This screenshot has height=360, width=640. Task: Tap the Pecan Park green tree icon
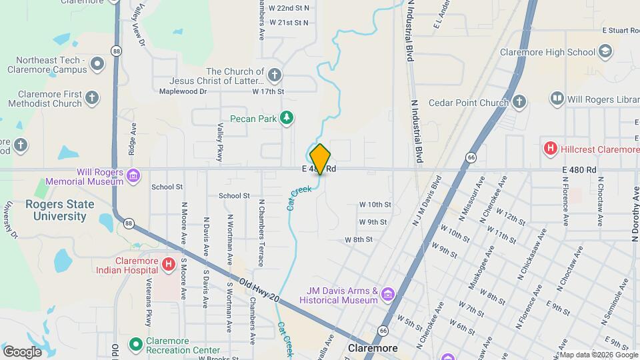287,118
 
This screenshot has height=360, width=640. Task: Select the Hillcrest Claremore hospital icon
551,149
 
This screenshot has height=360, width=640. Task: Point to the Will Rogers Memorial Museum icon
133,176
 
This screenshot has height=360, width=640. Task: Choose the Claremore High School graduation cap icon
605,51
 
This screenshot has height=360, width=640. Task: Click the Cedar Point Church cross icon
519,102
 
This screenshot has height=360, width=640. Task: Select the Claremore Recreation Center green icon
135,344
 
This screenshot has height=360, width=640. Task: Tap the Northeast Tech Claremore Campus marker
98,64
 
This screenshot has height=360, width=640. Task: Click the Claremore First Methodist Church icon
93,98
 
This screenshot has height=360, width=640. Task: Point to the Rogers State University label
56,210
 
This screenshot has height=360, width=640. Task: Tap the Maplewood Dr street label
179,91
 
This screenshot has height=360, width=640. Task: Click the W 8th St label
358,239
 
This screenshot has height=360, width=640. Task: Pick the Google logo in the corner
22,351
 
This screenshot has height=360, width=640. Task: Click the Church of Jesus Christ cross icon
274,74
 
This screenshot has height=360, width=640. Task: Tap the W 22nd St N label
289,8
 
